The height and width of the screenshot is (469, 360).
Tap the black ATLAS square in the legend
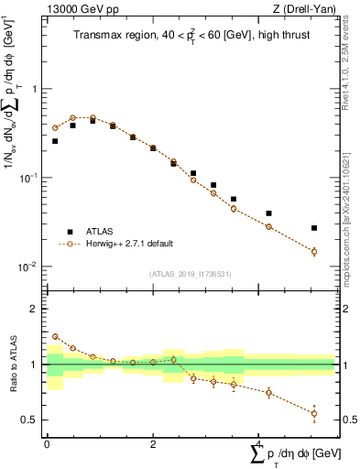tap(70, 231)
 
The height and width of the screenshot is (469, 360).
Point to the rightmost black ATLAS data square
tap(314, 228)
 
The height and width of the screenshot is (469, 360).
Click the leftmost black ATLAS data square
tap(55, 141)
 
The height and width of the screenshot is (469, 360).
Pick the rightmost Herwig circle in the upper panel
tap(314, 251)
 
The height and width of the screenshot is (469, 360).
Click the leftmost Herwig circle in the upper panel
tap(55, 127)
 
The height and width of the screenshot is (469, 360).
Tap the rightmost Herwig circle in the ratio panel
tap(314, 413)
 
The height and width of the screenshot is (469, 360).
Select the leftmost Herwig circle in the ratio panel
tap(55, 336)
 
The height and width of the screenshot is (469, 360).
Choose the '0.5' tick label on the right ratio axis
tap(347, 420)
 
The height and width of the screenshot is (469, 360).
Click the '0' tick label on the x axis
tap(47, 442)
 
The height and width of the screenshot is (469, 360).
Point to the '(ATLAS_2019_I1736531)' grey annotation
tap(191, 273)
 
